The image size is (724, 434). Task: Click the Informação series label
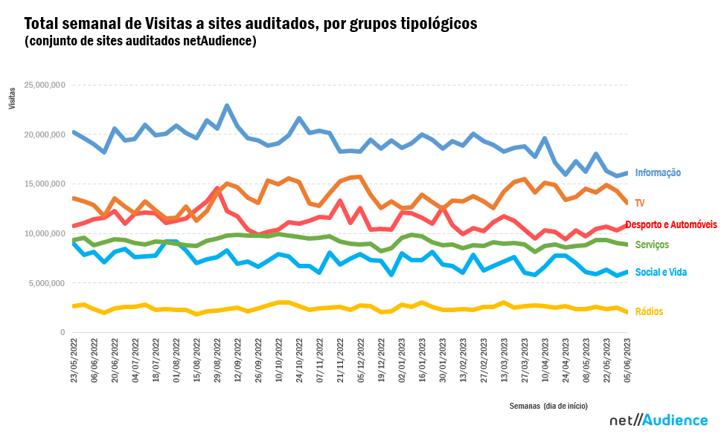pyautogui.click(x=658, y=172)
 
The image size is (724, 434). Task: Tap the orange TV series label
pyautogui.click(x=640, y=202)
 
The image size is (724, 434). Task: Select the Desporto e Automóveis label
pyautogui.click(x=671, y=224)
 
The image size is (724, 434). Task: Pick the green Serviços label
pyautogui.click(x=652, y=244)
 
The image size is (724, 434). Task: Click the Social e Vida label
pyautogui.click(x=661, y=272)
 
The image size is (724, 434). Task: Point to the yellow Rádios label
pyautogui.click(x=649, y=311)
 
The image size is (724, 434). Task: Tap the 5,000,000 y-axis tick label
pyautogui.click(x=48, y=283)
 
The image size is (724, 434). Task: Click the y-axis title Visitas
pyautogui.click(x=12, y=100)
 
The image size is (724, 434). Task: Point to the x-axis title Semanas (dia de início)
pyautogui.click(x=548, y=406)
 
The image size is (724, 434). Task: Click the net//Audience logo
pyautogui.click(x=659, y=420)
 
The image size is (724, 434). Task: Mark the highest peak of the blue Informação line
pyautogui.click(x=227, y=106)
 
